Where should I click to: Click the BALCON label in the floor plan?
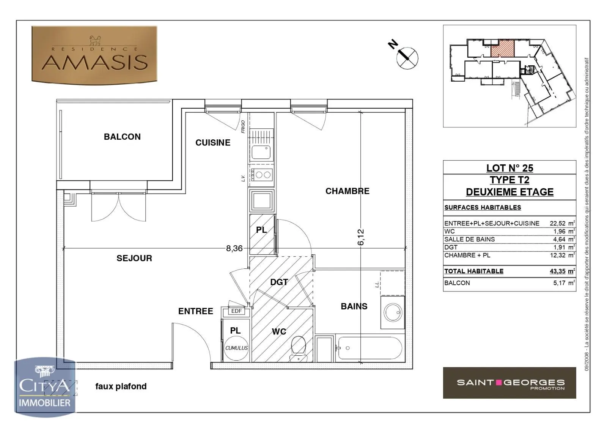pos(122,137)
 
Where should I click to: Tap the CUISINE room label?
pos(213,143)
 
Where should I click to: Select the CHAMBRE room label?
pos(348,191)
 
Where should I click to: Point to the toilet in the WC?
pos(298,349)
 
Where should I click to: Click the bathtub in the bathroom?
pos(370,348)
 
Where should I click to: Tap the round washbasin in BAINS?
pos(393,312)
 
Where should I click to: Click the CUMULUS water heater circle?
pos(236,348)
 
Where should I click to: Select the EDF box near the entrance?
pos(236,311)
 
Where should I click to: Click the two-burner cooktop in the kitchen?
pos(261,175)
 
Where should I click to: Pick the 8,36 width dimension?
pos(234,248)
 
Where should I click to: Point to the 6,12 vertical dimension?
pos(361,237)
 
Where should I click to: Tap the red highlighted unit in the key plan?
pos(503,49)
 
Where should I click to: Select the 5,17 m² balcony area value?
pos(564,283)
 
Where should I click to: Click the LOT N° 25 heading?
pos(510,168)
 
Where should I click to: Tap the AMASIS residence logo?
pos(94,55)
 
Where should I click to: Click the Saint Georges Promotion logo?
pos(510,383)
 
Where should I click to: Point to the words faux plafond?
pos(121,386)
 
